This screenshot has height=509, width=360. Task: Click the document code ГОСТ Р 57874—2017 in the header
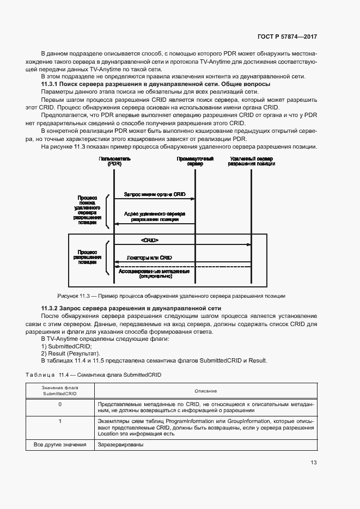(286, 36)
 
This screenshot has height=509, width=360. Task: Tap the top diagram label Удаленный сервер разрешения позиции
(251, 161)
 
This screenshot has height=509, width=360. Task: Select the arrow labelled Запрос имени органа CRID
(155, 199)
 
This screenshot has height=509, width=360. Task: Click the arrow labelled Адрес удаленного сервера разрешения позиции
(155, 223)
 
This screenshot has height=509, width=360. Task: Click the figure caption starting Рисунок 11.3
(172, 296)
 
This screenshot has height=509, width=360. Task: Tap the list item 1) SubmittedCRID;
(66, 346)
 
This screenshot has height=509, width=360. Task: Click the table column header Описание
(206, 391)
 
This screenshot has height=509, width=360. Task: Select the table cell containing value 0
(60, 404)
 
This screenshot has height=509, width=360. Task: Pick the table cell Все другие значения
(60, 445)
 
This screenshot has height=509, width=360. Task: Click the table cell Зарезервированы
(120, 445)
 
